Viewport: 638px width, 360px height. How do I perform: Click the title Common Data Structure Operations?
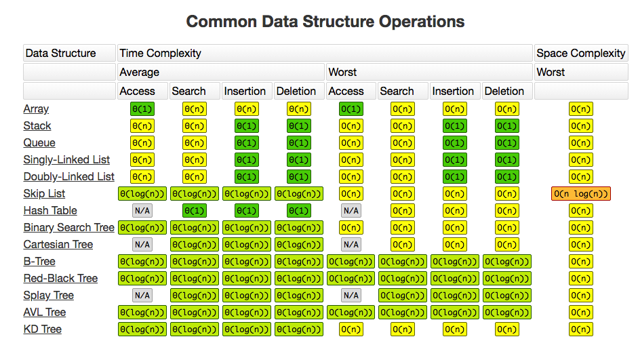coord(325,22)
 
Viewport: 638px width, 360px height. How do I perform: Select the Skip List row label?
coord(44,194)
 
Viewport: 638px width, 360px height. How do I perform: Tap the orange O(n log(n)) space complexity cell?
coord(581,194)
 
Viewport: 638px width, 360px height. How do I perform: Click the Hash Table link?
coord(50,211)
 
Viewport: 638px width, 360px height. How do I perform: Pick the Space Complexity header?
coord(580,54)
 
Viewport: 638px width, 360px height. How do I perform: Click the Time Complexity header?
coord(160,54)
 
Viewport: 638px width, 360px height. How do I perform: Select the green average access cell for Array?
coord(142,109)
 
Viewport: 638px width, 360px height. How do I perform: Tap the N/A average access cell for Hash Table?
coord(142,211)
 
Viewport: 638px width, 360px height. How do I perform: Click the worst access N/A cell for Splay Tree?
coord(351,296)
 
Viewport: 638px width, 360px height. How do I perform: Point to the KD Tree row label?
coord(43,329)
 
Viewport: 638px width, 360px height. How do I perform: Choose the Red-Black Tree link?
coord(60,279)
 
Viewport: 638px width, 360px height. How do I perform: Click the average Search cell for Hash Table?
coord(195,211)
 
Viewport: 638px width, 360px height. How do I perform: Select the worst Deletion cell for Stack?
coord(507,126)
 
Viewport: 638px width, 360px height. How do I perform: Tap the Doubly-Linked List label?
coord(68,177)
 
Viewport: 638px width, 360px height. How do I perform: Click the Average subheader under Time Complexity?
coord(140,72)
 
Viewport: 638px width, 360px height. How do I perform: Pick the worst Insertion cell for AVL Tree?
coord(455,313)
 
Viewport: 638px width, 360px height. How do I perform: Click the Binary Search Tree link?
coord(68,228)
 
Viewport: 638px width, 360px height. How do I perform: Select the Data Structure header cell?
coord(60,54)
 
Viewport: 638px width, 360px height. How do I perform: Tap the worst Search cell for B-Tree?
coord(403,262)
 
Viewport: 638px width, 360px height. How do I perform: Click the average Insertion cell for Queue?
coord(247,143)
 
